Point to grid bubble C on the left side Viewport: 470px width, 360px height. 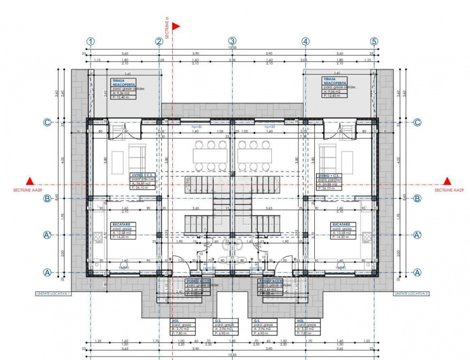48,122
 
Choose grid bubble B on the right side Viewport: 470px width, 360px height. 417,198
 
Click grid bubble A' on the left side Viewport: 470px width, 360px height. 48,234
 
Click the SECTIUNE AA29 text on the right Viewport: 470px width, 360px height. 449,190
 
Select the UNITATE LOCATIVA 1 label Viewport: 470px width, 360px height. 53,293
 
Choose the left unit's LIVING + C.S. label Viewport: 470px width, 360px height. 141,175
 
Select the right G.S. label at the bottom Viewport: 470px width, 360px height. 257,321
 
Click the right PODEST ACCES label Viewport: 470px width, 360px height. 271,281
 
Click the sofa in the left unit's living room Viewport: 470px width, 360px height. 137,157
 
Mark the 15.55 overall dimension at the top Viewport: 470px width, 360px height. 232,47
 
